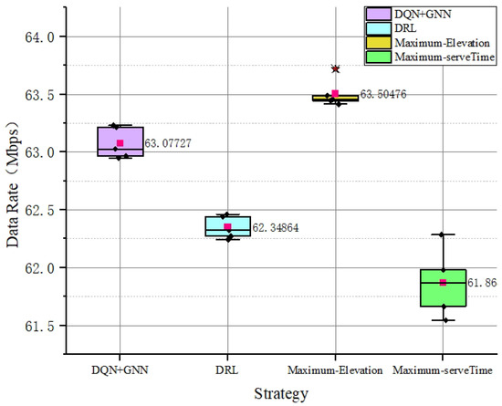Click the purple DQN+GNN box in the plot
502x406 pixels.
[x=120, y=141]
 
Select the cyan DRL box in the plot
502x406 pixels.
[x=227, y=225]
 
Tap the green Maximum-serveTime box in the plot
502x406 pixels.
[x=443, y=287]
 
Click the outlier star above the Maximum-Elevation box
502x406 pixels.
[x=335, y=68]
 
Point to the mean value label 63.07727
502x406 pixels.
[x=168, y=143]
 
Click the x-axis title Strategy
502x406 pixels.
[x=280, y=394]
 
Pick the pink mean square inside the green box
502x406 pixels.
[x=443, y=283]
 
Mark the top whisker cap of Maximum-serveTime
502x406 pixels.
[x=443, y=234]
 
